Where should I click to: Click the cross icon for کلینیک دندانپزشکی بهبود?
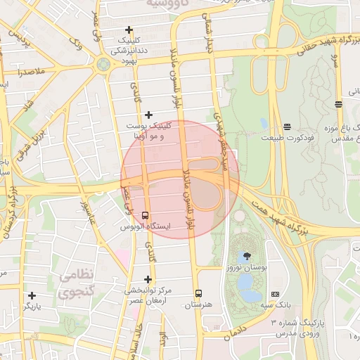128,30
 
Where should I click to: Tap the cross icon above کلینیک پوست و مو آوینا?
148,115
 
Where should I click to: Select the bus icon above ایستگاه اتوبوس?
146,215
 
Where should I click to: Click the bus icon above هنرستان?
198,293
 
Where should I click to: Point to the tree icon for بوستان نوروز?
246,257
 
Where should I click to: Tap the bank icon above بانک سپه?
275,293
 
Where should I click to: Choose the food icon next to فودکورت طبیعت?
287,127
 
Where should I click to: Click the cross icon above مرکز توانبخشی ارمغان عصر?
148,279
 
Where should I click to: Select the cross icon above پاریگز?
32,295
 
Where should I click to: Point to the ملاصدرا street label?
27,72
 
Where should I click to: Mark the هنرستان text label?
198,305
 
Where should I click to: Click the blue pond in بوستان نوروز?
246,283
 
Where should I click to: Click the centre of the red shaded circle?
180,179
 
